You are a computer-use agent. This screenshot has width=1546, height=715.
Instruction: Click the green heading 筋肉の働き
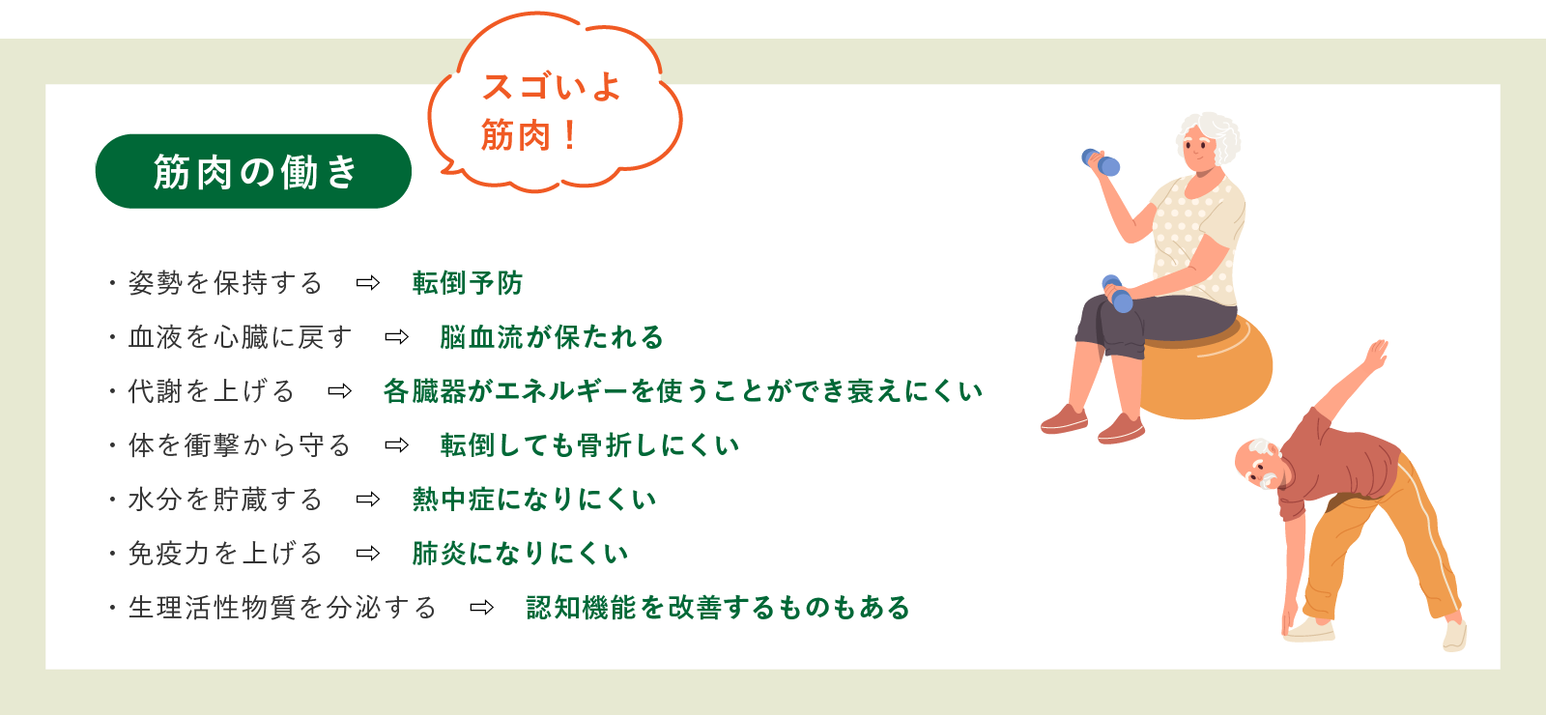coord(253,172)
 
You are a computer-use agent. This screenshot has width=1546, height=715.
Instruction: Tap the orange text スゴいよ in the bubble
coord(551,87)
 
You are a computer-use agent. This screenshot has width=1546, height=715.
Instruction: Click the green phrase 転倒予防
coord(467,283)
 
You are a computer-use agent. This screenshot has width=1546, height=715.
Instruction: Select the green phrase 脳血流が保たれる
coord(551,337)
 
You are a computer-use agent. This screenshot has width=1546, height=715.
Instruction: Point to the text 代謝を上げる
coord(212,391)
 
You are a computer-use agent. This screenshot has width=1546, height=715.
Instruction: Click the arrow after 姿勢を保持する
coord(368,283)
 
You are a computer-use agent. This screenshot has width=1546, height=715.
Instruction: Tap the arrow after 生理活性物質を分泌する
coord(481,608)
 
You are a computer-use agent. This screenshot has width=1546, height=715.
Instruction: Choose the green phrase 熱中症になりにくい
coord(533,500)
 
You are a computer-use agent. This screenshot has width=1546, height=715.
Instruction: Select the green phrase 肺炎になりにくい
coord(520,554)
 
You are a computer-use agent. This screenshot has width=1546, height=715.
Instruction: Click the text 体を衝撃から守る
coord(240,445)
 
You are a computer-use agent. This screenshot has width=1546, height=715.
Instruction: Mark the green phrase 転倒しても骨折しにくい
coord(589,445)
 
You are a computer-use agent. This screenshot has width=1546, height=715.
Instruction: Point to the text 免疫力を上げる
coord(225,554)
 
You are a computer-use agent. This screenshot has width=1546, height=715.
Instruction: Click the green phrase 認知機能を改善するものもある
coord(718,608)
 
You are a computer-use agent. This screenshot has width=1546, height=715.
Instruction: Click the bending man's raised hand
coord(1376,352)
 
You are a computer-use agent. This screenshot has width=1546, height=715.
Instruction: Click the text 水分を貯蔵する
coord(225,500)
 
